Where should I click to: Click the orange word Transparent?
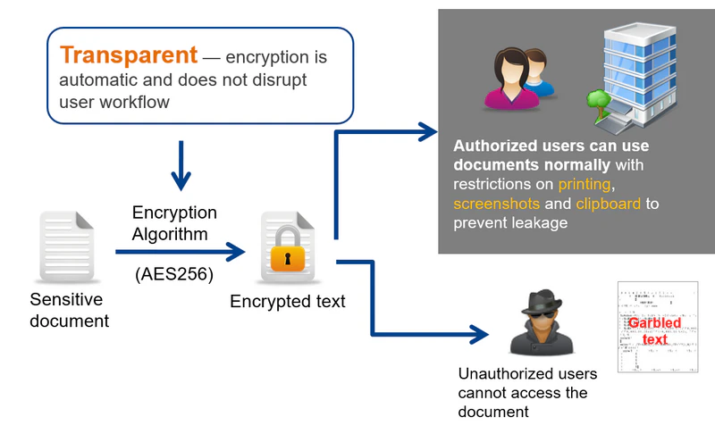(x=128, y=55)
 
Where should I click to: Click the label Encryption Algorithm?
(x=174, y=222)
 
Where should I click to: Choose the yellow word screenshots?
(x=496, y=204)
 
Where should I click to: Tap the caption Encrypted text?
(x=287, y=302)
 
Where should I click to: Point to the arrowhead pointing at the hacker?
(x=483, y=336)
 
